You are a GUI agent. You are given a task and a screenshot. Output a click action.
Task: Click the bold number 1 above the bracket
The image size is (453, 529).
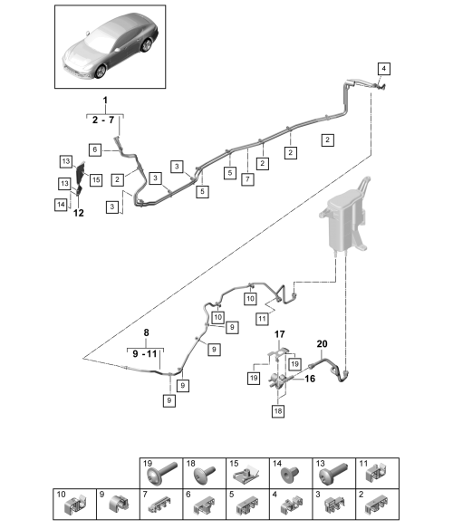[x=105, y=101]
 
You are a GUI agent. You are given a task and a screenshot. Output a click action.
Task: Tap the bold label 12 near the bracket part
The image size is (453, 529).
[x=78, y=213]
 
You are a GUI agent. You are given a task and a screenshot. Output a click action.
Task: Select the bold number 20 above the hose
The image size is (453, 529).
[x=322, y=344]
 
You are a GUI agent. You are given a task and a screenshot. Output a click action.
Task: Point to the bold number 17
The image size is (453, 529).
[x=279, y=334]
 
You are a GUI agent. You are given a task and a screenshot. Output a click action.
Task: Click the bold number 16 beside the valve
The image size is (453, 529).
[x=310, y=379]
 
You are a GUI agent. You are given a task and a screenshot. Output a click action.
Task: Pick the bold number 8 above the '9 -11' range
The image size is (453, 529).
[x=146, y=332]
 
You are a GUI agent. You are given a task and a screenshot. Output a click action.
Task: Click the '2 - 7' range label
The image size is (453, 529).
[x=103, y=120]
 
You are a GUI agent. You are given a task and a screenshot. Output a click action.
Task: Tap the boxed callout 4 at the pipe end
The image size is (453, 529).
[x=384, y=69]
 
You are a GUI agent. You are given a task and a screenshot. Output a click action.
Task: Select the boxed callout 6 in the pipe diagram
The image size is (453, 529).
[x=95, y=149]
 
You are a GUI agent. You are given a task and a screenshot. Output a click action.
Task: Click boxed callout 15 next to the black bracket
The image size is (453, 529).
[x=96, y=180]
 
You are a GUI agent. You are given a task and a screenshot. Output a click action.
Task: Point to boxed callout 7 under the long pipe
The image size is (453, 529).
[x=247, y=178]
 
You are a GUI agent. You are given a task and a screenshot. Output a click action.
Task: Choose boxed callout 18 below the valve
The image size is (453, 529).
[x=278, y=411]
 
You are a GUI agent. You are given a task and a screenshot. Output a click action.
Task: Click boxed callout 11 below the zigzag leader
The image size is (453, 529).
[x=262, y=319]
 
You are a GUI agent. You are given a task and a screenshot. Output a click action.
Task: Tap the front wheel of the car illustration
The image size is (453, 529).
[x=101, y=72]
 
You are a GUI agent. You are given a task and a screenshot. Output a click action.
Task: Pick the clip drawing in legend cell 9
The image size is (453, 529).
[x=119, y=505]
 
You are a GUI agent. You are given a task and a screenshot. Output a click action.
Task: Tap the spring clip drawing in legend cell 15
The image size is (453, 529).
[x=246, y=475]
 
